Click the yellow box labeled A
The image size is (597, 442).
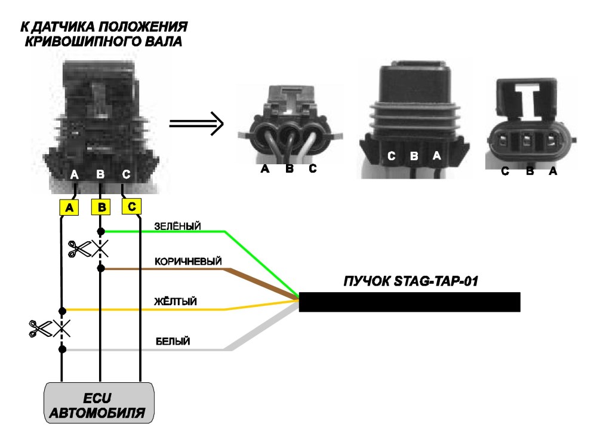(69, 207)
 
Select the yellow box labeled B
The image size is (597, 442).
(101, 207)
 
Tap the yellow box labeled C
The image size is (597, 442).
(132, 206)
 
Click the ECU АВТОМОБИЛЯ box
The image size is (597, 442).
(99, 403)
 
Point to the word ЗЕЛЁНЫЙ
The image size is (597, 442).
(177, 226)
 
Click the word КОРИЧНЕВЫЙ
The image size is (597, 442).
(188, 262)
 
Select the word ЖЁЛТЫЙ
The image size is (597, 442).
(176, 301)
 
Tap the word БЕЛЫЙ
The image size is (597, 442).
(173, 341)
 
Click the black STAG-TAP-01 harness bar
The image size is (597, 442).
(410, 302)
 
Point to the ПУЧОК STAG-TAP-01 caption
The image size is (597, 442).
(411, 281)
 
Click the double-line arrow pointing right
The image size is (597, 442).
(196, 124)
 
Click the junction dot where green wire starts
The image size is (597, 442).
(101, 231)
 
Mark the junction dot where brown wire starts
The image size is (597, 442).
(101, 269)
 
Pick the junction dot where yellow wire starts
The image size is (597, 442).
(63, 311)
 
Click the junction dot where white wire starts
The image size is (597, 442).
(63, 349)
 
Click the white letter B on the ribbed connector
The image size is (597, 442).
(414, 156)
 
